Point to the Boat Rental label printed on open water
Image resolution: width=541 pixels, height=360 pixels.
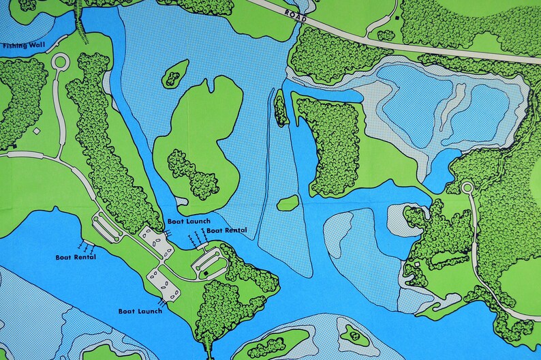click(76, 257)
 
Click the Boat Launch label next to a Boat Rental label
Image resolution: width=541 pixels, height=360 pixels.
click(189, 222)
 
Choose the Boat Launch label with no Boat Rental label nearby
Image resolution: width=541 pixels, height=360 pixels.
click(140, 311)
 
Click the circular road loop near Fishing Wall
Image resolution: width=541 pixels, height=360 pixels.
click(59, 62)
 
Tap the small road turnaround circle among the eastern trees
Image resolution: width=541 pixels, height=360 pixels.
click(467, 187)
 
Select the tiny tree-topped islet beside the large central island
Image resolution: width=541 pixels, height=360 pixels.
click(176, 73)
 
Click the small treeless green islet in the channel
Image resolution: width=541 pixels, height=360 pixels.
click(288, 202)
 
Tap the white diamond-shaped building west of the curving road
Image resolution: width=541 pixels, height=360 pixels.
click(36, 130)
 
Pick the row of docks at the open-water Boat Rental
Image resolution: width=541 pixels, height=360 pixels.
click(85, 244)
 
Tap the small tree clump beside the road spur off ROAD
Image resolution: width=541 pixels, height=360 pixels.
click(386, 35)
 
